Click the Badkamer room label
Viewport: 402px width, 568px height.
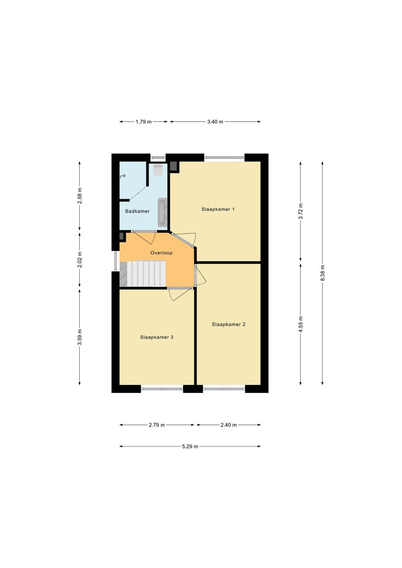tap(137, 211)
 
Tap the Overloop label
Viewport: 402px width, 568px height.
tap(161, 252)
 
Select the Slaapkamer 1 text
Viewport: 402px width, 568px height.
tap(218, 209)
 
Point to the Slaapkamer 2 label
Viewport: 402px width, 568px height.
tap(229, 324)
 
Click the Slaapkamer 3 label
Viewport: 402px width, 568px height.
tap(157, 337)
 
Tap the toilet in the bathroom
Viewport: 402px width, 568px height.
tap(158, 170)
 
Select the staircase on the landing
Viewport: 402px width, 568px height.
tap(143, 274)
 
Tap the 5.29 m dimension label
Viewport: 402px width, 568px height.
tap(190, 446)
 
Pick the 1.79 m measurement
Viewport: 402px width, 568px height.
tap(143, 122)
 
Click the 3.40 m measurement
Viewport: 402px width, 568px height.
tap(215, 122)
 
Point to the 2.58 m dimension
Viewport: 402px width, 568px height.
tap(80, 196)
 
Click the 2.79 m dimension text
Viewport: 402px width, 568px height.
tap(157, 425)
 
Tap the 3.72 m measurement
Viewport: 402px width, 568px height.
tap(301, 211)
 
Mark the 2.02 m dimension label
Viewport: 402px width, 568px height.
tap(80, 259)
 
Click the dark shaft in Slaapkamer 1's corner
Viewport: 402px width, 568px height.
tap(175, 166)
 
